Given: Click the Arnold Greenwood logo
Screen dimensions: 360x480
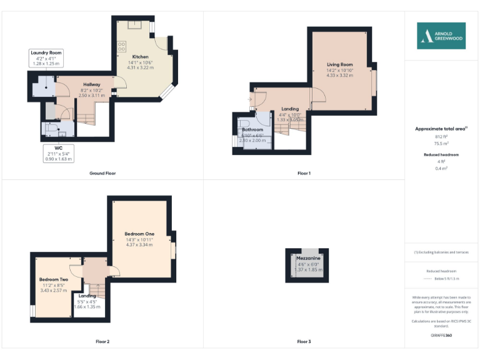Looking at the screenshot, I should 441,36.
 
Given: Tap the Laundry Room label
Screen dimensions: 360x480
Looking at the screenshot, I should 47,52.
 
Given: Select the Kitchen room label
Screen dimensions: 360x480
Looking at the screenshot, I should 140,57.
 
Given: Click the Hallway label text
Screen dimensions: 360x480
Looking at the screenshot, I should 92,84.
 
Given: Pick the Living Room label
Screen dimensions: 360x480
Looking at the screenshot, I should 339,64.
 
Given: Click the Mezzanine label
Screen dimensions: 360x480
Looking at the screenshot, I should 308,257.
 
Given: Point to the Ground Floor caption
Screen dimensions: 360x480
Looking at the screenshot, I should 102,173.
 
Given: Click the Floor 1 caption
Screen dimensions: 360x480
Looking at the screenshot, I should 304,173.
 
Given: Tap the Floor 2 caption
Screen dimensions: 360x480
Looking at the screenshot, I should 102,342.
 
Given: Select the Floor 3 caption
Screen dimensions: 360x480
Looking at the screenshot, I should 304,342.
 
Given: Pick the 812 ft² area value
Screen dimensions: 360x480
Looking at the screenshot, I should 441,136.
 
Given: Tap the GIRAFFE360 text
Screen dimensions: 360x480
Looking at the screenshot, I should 441,336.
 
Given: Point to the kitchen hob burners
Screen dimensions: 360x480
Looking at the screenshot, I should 122,47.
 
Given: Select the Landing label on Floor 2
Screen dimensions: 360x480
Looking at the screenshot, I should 87,296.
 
